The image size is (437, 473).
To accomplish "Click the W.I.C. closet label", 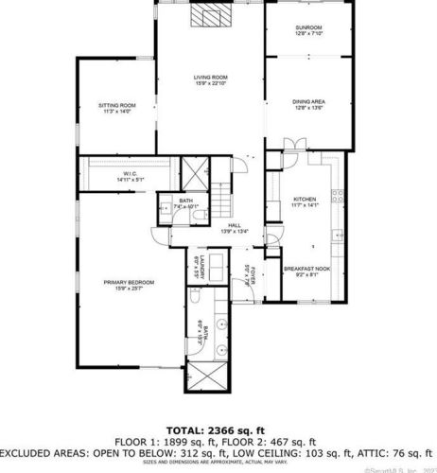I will point(128,173).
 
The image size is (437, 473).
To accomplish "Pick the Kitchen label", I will point(306,200).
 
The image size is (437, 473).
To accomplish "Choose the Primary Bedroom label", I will point(129,281).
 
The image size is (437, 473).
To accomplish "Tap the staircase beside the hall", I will point(221,200).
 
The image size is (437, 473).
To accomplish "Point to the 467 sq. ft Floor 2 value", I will point(294,441).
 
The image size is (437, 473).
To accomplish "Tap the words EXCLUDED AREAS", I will point(41,451).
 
